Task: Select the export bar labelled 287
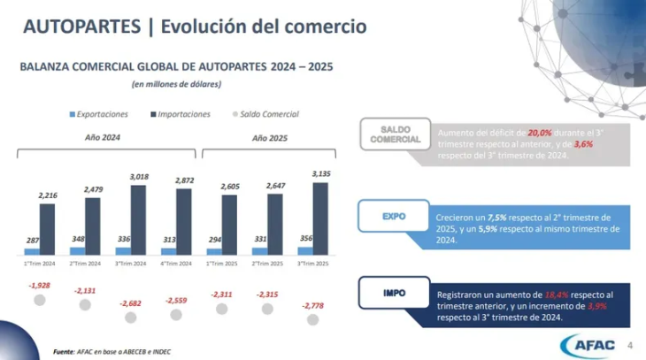click(x=31, y=252)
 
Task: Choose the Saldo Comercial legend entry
click(x=265, y=114)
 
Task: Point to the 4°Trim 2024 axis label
click(x=176, y=263)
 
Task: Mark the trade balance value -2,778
click(x=312, y=305)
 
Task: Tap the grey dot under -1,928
click(x=39, y=300)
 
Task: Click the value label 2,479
click(x=93, y=189)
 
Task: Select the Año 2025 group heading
click(x=270, y=138)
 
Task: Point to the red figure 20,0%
click(x=540, y=132)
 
